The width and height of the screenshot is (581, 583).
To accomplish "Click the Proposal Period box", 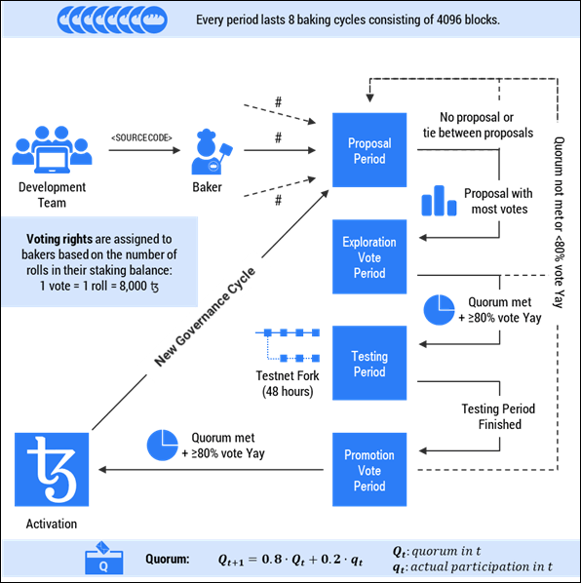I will click(x=369, y=150).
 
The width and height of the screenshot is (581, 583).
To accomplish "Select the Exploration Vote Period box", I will click(x=369, y=256).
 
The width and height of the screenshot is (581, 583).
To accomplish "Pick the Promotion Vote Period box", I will click(x=369, y=470).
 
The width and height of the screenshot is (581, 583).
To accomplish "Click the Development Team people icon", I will click(x=52, y=149).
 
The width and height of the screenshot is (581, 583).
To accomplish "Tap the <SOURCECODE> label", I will click(x=141, y=137).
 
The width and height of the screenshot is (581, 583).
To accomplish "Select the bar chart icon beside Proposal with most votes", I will click(x=439, y=201).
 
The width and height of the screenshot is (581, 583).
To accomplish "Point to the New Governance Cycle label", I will click(x=206, y=317).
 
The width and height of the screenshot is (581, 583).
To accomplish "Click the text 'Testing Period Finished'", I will click(x=492, y=416).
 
